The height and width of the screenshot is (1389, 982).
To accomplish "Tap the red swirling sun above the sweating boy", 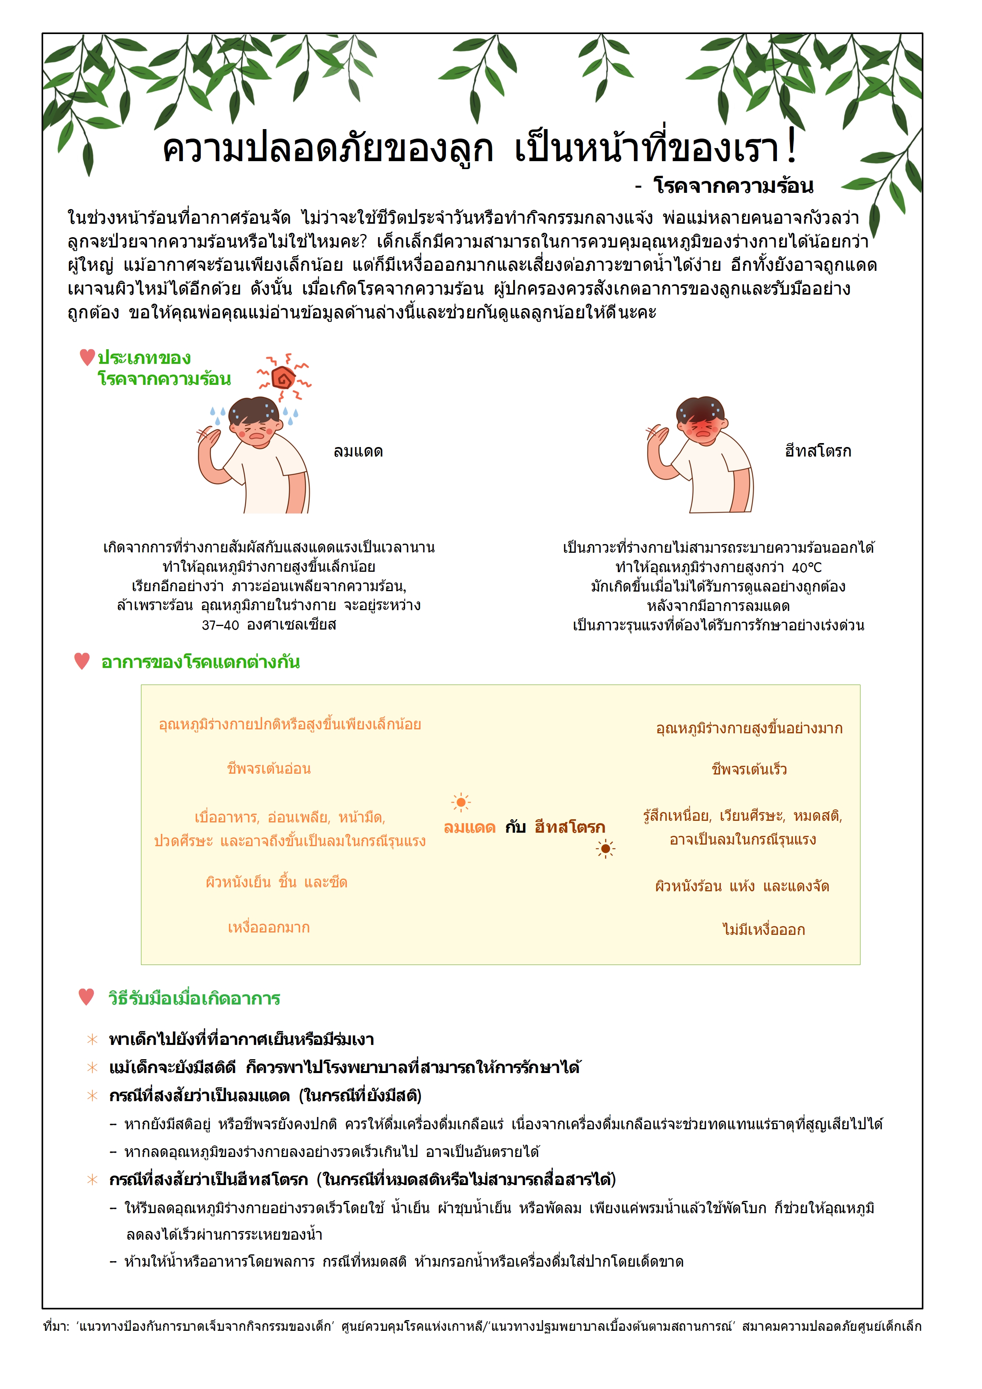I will tap(283, 378).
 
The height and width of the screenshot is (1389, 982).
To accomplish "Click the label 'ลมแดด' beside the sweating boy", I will tap(358, 451).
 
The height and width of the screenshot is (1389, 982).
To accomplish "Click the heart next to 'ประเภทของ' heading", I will tap(87, 358).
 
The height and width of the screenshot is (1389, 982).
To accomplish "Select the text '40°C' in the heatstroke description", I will tap(807, 567).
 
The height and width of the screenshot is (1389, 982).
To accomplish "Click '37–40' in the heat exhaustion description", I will tap(220, 625).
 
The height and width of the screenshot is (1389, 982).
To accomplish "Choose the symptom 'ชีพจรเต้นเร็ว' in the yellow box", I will tap(749, 769).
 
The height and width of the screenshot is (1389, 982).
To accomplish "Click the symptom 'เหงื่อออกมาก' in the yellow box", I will tap(268, 927).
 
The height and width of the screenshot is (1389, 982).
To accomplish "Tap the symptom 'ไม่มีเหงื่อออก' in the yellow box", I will tap(763, 930).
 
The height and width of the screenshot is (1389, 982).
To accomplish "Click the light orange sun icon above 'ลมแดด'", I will tap(461, 803).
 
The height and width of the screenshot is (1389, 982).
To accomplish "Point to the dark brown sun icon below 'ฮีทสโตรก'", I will tap(605, 849).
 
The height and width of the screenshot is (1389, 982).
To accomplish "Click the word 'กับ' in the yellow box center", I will tap(516, 827).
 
